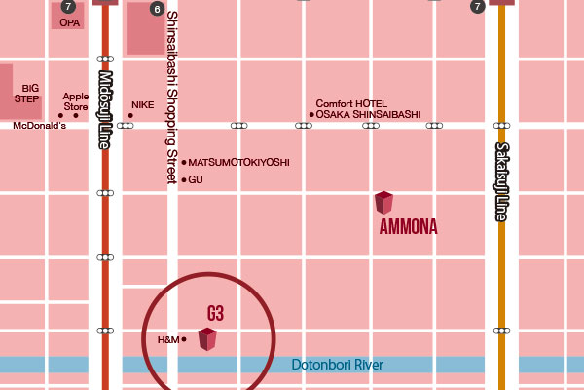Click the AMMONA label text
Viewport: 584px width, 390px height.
coord(408,227)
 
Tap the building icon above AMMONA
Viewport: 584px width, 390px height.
coord(384,203)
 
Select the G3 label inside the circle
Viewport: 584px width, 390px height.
coord(215,313)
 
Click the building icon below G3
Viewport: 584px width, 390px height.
coord(207,339)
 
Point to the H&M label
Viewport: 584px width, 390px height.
coord(168,339)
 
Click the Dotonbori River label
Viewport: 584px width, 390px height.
coord(338,365)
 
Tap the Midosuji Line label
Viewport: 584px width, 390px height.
coord(105,108)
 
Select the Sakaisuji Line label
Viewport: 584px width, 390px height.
coord(501,181)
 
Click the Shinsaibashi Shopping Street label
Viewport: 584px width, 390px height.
coord(171,97)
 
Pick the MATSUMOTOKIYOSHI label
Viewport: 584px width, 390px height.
coord(238,162)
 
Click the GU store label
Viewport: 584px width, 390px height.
coord(195,179)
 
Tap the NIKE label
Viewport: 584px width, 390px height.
coord(143,103)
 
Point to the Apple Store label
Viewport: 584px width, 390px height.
coord(75,101)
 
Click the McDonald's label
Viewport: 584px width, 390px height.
coord(39,126)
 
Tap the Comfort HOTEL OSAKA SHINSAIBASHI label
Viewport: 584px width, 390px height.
coord(368,109)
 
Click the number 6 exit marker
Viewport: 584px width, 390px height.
coord(157,9)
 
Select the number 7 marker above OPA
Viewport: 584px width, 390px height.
coord(67,6)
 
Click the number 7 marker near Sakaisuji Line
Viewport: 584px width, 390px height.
coord(477,6)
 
